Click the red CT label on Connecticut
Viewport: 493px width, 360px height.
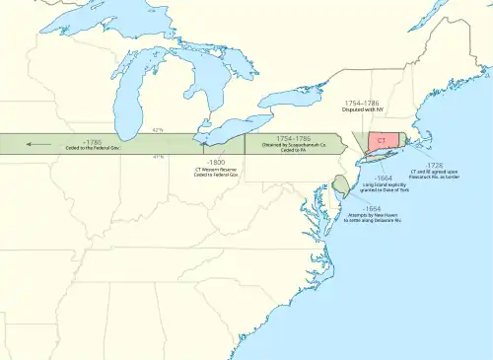380,142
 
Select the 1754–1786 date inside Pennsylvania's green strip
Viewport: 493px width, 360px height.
291,139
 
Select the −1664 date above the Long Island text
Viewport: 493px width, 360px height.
385,179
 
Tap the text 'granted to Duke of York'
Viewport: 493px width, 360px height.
386,192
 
